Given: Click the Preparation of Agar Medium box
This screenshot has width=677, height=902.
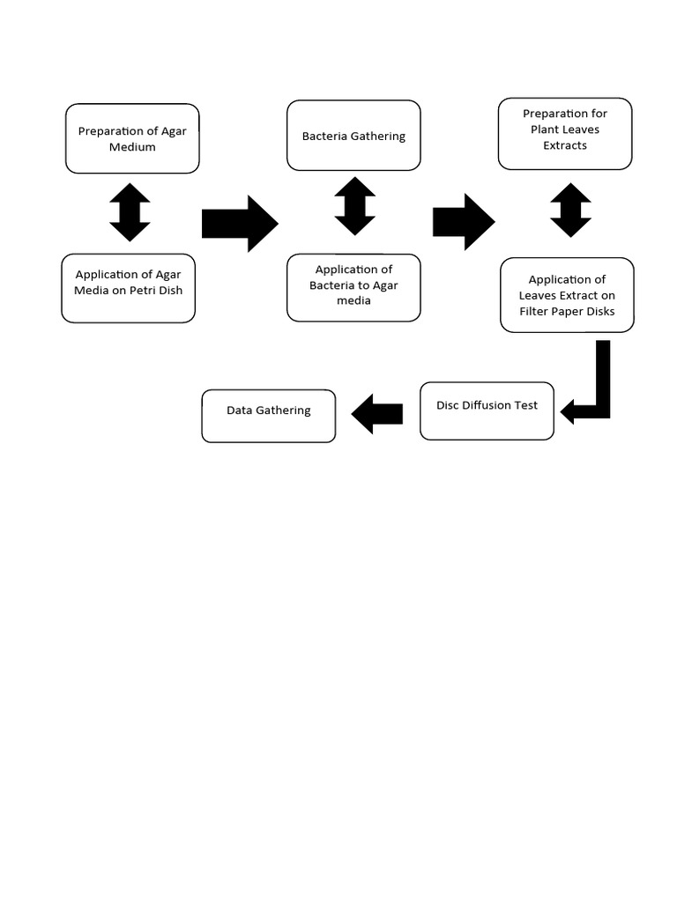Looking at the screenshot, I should [132, 138].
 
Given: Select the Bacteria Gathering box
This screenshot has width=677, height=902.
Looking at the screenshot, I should [353, 136].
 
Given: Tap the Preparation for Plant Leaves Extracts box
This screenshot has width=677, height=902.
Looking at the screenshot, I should [565, 133].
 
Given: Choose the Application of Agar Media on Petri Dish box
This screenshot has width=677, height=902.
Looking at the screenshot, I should [129, 288].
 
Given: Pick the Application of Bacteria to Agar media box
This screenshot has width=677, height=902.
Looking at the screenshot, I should [353, 287].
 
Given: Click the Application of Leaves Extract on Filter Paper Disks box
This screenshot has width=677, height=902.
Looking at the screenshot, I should [567, 295].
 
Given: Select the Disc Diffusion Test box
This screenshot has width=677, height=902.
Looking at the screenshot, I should [487, 410].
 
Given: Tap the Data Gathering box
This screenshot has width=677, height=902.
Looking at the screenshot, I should [269, 416].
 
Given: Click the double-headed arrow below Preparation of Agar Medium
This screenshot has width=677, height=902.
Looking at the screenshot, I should [130, 212].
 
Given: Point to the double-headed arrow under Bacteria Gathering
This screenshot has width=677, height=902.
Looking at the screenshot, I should [355, 206].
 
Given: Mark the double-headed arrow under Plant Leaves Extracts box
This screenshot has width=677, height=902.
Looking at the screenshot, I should [570, 210].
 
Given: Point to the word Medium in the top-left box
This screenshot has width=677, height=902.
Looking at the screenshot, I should [132, 147].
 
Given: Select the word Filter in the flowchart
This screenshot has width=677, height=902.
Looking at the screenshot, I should [536, 311].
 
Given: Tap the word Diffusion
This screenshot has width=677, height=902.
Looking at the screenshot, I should [487, 405].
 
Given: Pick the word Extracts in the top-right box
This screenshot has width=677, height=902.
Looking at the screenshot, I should [565, 145].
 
